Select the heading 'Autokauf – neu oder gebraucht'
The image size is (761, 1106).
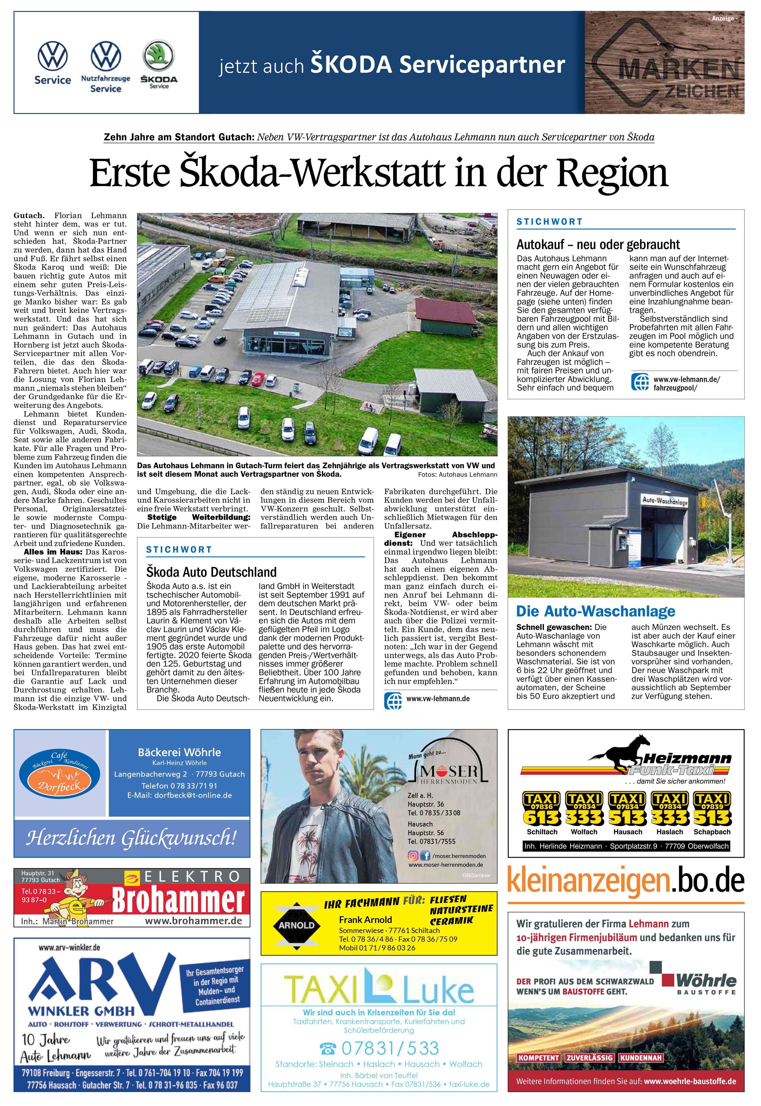[x=598, y=244]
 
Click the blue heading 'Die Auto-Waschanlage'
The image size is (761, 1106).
[x=596, y=611]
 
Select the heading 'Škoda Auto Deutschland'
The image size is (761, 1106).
[x=211, y=572]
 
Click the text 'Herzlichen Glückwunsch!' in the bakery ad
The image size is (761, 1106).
[x=131, y=838]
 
